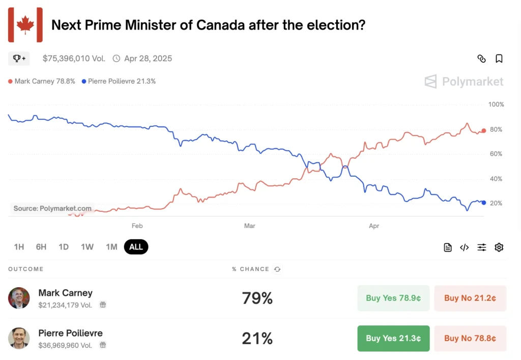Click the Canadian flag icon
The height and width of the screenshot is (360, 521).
click(x=25, y=25)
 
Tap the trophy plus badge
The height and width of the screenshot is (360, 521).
click(x=19, y=59)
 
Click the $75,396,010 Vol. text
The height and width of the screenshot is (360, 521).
click(x=74, y=59)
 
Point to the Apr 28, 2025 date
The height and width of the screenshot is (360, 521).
click(x=148, y=59)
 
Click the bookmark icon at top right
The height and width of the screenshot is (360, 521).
click(x=499, y=59)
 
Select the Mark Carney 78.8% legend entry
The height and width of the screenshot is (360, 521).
click(x=42, y=81)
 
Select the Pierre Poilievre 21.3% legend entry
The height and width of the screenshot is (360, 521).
click(x=119, y=81)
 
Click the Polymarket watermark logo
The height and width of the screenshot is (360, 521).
click(x=464, y=81)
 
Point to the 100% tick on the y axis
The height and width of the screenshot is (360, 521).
click(x=496, y=105)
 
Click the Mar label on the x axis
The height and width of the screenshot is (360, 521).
click(x=249, y=226)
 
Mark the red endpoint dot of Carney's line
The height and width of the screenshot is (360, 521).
click(x=483, y=130)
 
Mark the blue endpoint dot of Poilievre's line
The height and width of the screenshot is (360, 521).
click(x=483, y=203)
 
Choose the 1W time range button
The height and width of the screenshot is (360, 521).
click(x=87, y=247)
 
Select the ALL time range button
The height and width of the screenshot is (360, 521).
click(x=136, y=247)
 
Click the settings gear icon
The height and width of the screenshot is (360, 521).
click(x=499, y=247)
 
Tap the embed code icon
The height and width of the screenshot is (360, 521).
click(x=464, y=247)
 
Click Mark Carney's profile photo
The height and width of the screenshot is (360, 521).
click(x=19, y=298)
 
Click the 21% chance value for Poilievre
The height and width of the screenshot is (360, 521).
click(x=257, y=338)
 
